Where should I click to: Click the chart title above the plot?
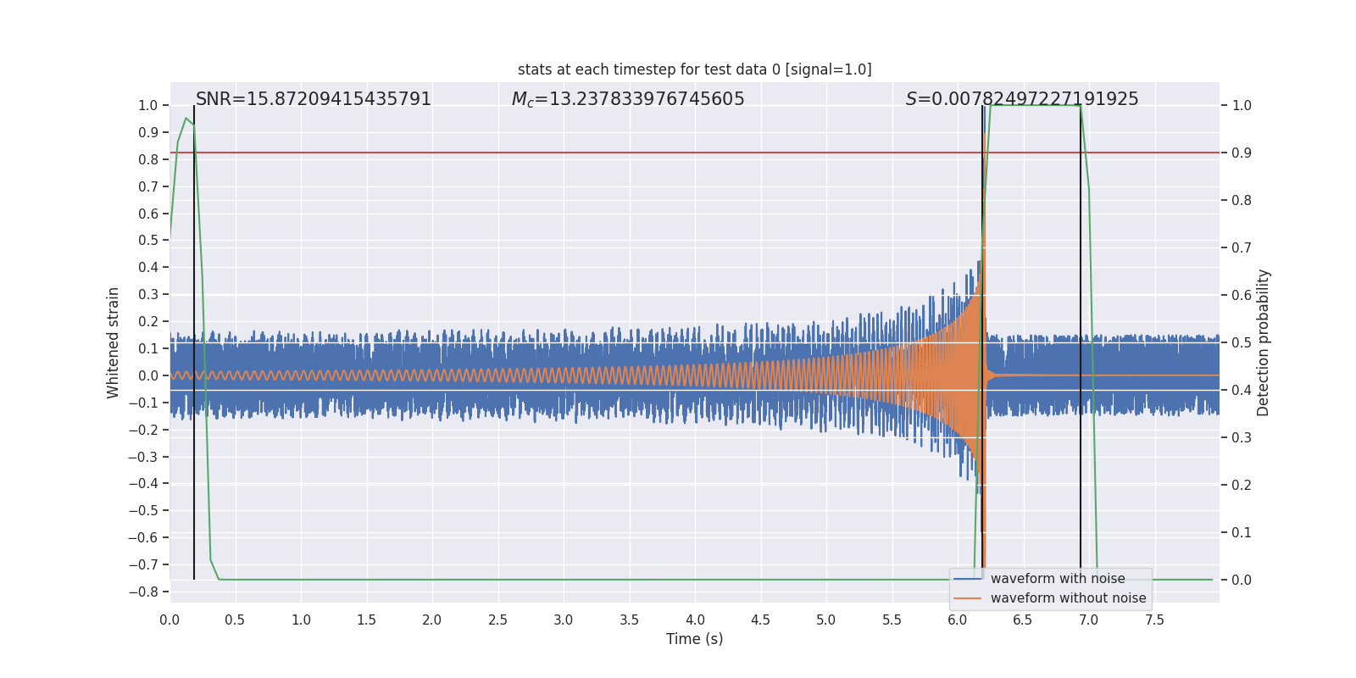point(694,69)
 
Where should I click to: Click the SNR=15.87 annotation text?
point(314,99)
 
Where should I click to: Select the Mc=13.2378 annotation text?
point(628,99)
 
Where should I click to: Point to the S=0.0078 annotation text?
point(1022,99)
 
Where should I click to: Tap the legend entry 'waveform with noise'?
point(1057,579)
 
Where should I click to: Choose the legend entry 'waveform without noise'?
point(1067,598)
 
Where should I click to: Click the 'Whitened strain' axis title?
point(114,342)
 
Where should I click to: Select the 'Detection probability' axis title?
point(1264,342)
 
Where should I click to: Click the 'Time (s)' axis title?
point(694,639)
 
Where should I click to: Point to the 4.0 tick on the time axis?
point(695,620)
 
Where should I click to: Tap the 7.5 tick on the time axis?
point(1154,620)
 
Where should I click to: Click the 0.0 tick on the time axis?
point(169,620)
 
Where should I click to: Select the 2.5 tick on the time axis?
point(497,620)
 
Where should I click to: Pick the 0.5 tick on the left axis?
point(148,241)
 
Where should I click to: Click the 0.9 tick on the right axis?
point(1242,153)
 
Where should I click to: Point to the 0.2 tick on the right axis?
point(1242,486)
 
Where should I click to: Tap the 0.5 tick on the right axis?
point(1242,343)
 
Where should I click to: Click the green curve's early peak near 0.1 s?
point(186,119)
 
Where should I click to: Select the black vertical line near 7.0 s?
point(1081,339)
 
